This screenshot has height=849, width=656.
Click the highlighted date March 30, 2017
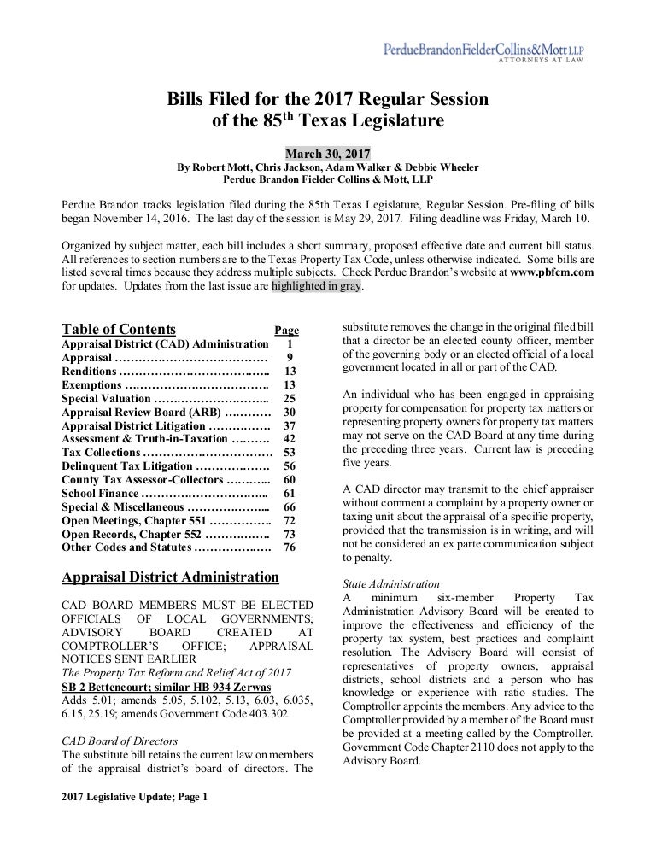[x=327, y=154]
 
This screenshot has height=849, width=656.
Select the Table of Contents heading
[x=119, y=330]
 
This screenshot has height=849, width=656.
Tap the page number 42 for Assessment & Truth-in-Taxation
[x=289, y=438]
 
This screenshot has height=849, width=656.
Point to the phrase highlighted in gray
[x=317, y=287]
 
